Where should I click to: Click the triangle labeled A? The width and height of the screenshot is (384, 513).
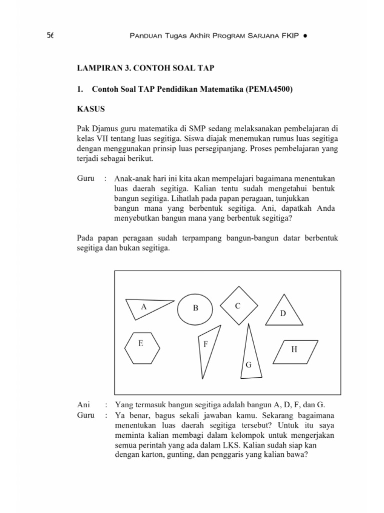[x=145, y=307]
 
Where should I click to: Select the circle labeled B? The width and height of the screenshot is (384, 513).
[x=195, y=309]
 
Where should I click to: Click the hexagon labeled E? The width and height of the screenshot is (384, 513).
[x=142, y=347]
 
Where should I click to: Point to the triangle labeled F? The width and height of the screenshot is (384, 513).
[x=207, y=350]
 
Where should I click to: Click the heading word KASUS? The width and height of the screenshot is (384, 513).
[x=90, y=108]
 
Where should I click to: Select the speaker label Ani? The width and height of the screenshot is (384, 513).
[x=83, y=405]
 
